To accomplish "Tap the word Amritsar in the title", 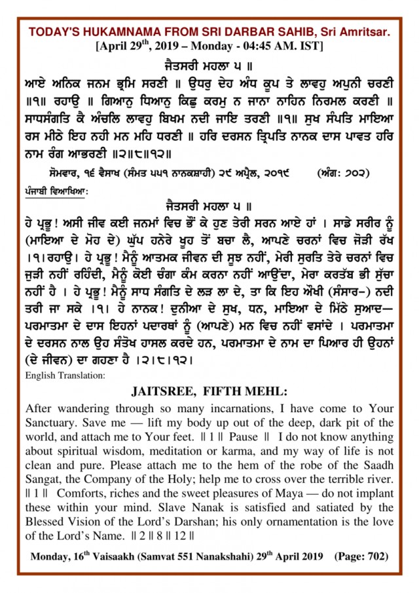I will pyautogui.click(x=363, y=32).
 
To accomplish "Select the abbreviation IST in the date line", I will pyautogui.click(x=310, y=47).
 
